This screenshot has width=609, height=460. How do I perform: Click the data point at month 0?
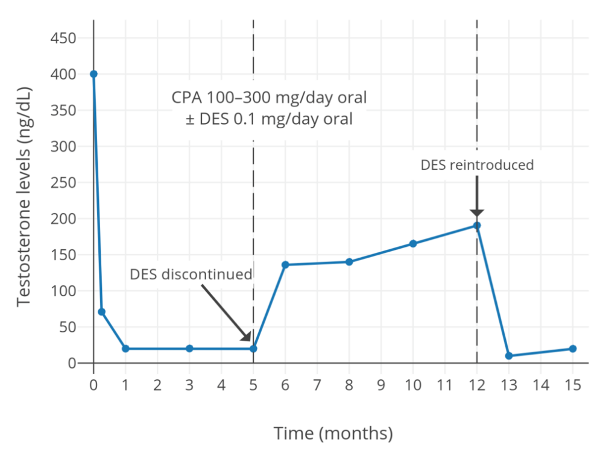93,74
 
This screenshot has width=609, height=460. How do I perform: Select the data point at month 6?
285,265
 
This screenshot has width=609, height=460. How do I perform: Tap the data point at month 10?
413,244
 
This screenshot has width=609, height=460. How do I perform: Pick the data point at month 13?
509,356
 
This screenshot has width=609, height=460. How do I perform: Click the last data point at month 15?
573,349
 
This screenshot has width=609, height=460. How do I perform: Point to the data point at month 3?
189,349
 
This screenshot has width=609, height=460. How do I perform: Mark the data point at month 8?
349,262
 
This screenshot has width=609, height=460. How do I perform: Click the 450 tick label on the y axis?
63,39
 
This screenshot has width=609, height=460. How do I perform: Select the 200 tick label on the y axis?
63,219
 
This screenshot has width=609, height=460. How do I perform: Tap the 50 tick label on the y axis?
67,328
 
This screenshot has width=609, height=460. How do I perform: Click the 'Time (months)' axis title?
333,433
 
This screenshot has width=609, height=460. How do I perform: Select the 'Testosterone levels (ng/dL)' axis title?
24,196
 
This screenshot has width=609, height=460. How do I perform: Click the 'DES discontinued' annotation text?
191,275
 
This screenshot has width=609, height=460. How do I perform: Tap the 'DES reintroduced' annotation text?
477,165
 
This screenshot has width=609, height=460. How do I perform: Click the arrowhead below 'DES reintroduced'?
477,213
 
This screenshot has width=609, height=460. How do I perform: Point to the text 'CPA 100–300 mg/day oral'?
269,97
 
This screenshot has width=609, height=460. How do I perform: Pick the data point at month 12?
477,226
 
